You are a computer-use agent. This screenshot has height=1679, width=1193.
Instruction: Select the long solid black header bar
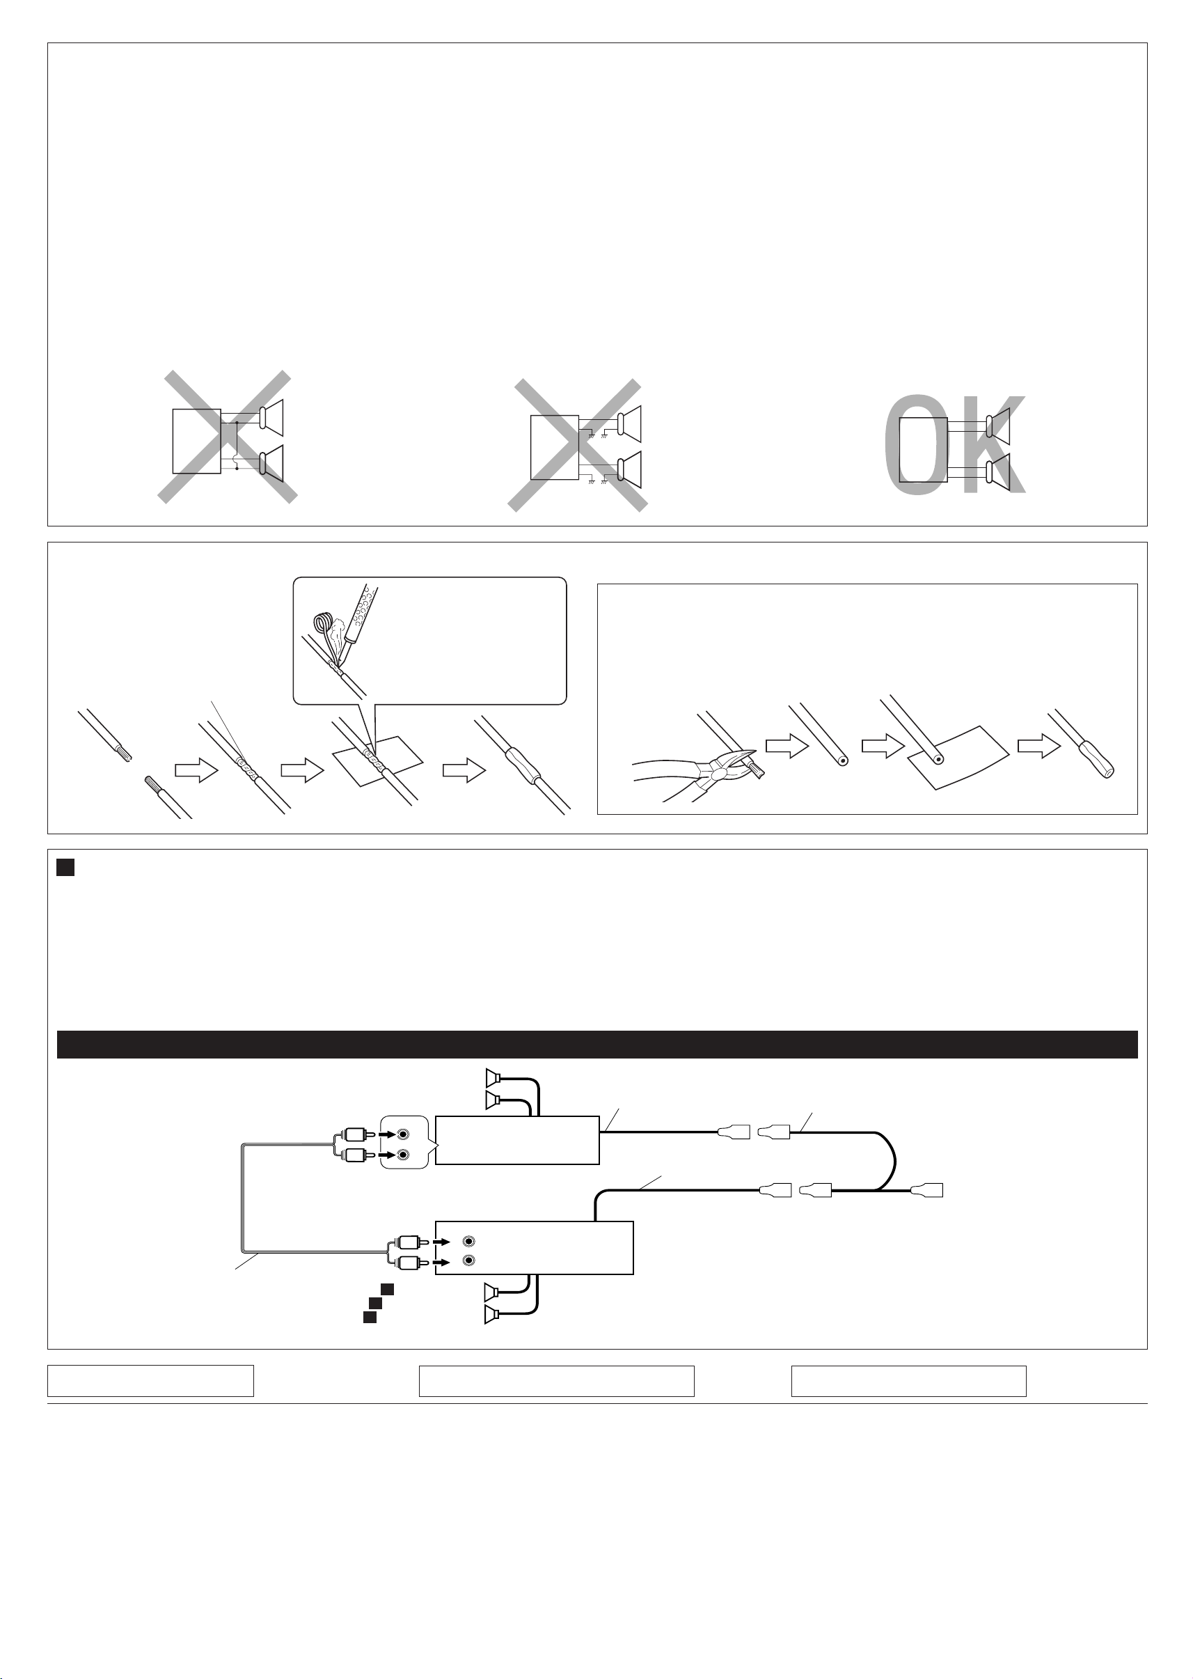596,1044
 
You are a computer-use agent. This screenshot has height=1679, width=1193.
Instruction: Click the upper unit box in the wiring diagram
517,1140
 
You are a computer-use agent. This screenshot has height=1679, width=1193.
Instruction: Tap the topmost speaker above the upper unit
493,1078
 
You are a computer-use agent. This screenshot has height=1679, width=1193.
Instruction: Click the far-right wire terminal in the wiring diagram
927,1190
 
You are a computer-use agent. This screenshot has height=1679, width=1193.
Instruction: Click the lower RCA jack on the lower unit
469,1261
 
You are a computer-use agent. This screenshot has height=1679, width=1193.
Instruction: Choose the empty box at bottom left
150,1381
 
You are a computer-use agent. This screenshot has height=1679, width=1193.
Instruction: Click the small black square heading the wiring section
65,868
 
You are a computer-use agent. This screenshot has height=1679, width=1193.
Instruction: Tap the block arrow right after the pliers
787,747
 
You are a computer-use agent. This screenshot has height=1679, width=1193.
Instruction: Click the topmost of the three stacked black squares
387,1289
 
